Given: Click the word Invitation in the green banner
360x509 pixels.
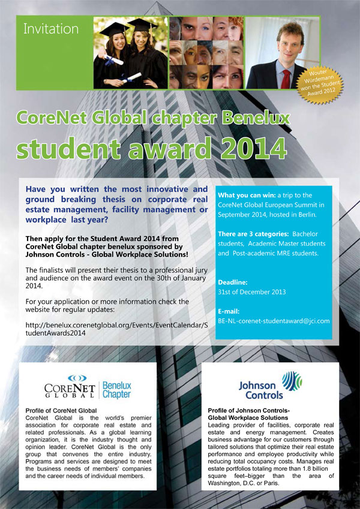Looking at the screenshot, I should pyautogui.click(x=51, y=28).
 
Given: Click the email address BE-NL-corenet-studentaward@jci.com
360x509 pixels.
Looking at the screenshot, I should pyautogui.click(x=274, y=321).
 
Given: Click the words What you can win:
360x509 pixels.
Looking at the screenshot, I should pyautogui.click(x=243, y=195).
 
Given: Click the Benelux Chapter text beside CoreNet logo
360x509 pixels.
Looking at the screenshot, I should pyautogui.click(x=117, y=390).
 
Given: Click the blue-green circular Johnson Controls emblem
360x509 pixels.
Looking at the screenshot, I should pyautogui.click(x=292, y=382).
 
